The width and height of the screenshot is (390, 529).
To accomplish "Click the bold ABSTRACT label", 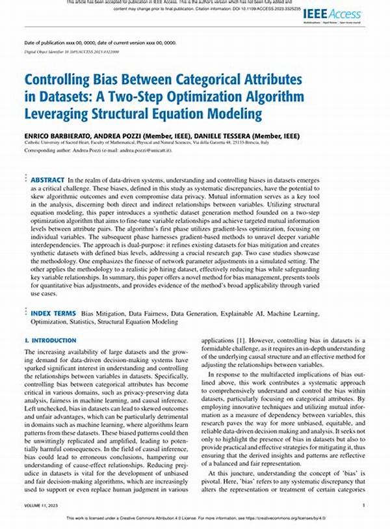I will click(x=47, y=180).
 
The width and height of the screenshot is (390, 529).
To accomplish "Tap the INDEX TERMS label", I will click(x=54, y=313).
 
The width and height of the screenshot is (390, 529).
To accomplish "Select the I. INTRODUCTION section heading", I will click(x=50, y=340).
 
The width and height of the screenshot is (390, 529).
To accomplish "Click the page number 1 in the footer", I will click(x=363, y=505).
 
